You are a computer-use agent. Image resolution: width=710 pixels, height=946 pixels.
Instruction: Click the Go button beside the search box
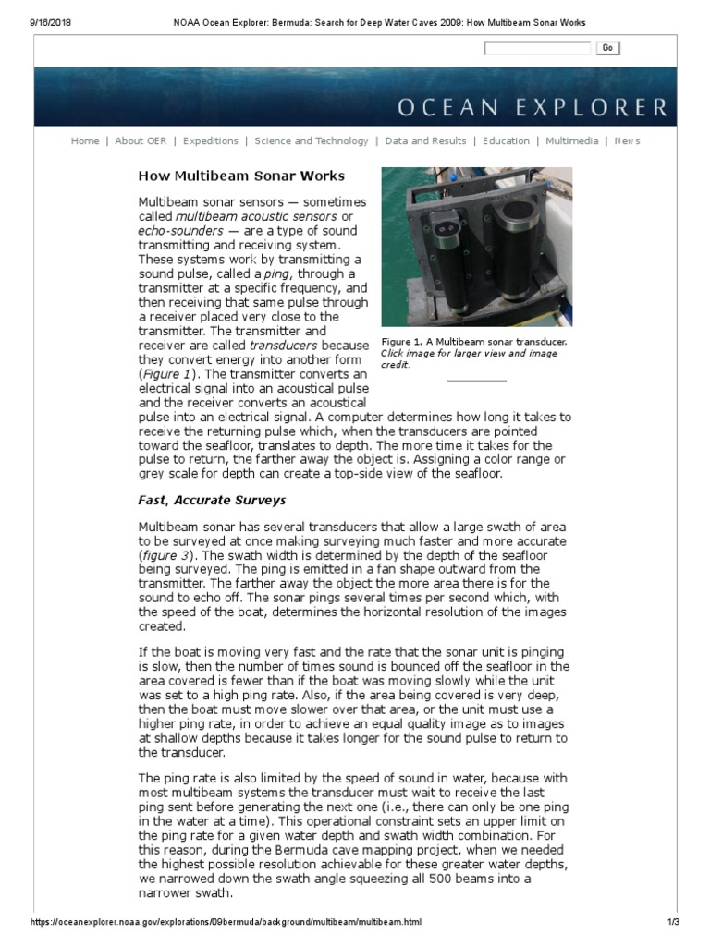point(607,48)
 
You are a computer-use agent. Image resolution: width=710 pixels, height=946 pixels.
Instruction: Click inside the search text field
point(537,48)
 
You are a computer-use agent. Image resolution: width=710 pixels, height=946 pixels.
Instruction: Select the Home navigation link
point(85,141)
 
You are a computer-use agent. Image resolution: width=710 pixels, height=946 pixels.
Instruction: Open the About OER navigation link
point(141,141)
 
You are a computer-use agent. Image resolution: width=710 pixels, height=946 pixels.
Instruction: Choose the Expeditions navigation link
point(211,141)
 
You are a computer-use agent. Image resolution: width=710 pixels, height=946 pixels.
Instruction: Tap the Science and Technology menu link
point(312,141)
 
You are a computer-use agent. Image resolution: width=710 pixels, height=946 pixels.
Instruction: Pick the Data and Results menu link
point(425,141)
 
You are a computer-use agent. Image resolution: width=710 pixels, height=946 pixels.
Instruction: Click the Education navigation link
point(506,141)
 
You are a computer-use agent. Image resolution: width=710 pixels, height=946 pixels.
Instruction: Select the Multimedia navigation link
point(572,141)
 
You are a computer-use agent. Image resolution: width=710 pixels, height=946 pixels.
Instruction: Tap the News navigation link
point(627,141)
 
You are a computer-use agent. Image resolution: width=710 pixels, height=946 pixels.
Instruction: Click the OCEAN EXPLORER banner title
point(532,108)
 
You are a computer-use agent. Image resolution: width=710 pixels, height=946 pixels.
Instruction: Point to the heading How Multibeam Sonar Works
point(241,176)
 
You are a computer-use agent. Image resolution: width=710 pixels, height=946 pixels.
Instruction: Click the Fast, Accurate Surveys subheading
point(212,501)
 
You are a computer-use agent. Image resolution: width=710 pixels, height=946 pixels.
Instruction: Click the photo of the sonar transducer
point(476,247)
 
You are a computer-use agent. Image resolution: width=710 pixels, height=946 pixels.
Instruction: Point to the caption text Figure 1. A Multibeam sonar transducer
point(474,342)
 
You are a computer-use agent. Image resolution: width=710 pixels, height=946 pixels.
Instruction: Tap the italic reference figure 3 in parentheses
point(165,555)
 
